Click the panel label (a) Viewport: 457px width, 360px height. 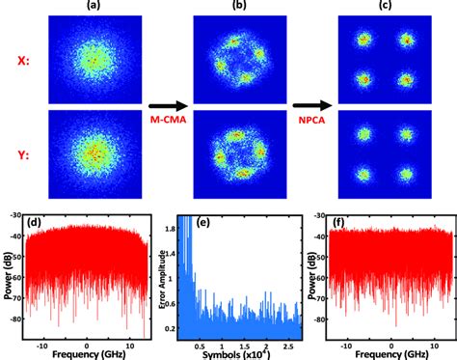point(92,7)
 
